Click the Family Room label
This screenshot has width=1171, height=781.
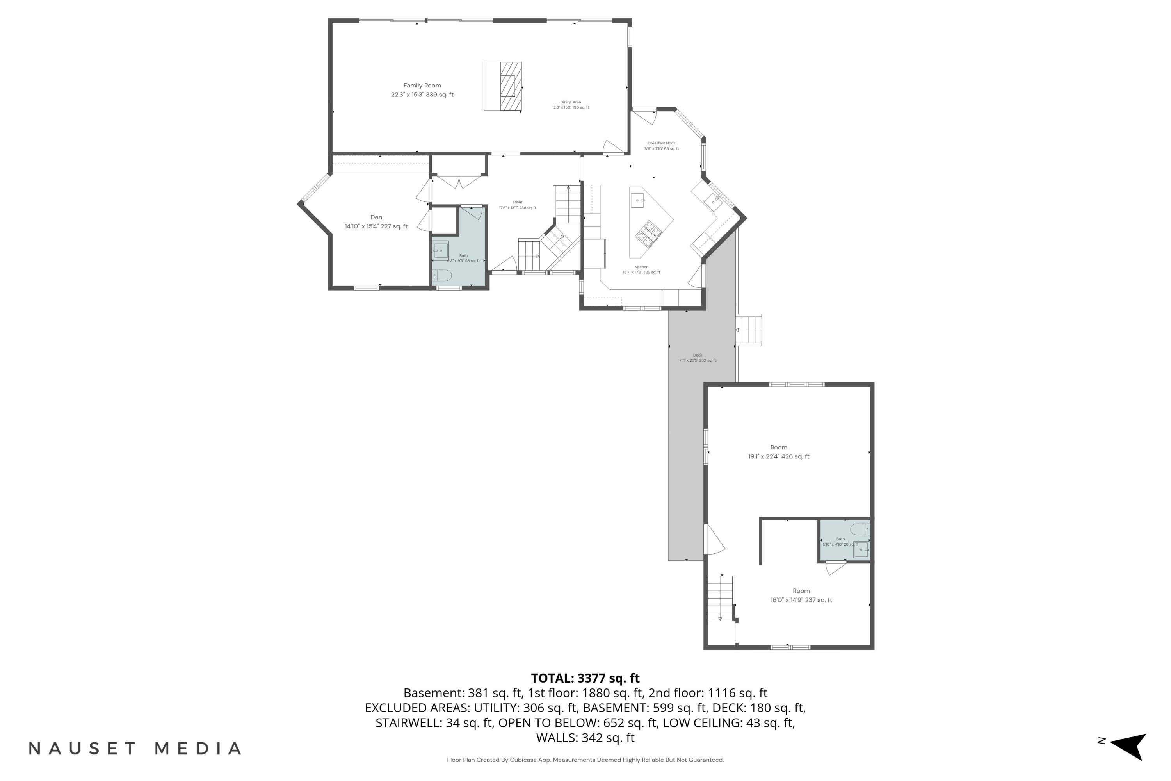[x=422, y=90]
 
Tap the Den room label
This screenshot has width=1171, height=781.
[x=376, y=222]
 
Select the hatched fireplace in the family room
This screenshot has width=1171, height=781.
[x=510, y=86]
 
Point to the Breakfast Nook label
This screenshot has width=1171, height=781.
[x=662, y=145]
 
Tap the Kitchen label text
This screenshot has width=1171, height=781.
[x=641, y=269]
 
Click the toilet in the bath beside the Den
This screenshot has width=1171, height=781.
[x=441, y=275]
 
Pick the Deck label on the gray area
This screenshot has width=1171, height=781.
[x=698, y=358]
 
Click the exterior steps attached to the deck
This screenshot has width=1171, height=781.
[x=749, y=329]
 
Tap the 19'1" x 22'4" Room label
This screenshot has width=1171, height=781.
[x=779, y=452]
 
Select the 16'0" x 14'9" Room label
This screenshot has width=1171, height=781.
[x=801, y=595]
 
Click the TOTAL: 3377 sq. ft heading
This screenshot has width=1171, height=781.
[x=585, y=678]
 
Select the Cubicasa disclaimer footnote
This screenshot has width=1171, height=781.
[x=585, y=760]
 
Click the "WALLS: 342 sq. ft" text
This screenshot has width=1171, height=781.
[x=585, y=738]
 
